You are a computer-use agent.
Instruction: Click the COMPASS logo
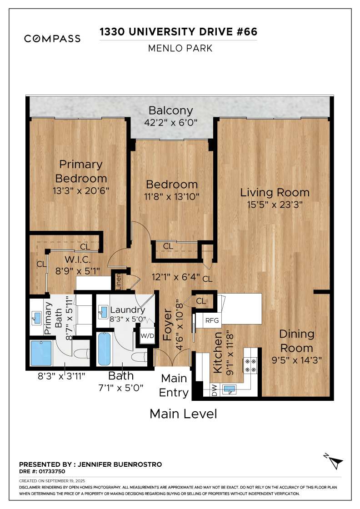(x=52, y=39)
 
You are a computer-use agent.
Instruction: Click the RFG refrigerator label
(x=212, y=320)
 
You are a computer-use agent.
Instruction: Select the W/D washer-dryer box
(x=147, y=336)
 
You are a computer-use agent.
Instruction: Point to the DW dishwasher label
(x=214, y=390)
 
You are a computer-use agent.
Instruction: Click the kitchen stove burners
(x=250, y=365)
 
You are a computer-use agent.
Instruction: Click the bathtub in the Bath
(x=104, y=349)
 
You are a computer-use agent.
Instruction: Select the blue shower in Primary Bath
(x=41, y=353)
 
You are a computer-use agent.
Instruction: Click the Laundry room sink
(x=103, y=312)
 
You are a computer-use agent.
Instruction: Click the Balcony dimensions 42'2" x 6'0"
(x=171, y=123)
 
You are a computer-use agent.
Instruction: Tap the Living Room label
(x=275, y=193)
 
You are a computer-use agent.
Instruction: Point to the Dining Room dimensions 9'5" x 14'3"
(x=296, y=360)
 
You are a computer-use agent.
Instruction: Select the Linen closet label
(x=119, y=281)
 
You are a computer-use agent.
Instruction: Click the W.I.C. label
(x=78, y=259)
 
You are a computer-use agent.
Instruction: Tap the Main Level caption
(x=183, y=414)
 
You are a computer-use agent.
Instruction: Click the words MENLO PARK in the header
(x=180, y=48)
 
